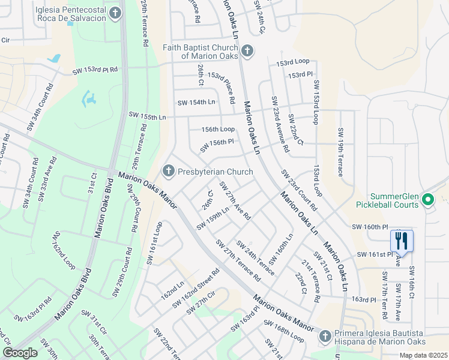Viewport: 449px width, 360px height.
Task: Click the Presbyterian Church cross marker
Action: click(x=169, y=172)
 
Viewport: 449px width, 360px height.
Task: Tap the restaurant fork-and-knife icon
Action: click(x=402, y=241)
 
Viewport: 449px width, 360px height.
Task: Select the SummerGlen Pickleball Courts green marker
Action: click(x=428, y=199)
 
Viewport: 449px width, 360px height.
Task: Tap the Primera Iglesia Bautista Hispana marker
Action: click(x=325, y=336)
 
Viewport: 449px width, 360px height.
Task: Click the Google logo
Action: click(x=20, y=353)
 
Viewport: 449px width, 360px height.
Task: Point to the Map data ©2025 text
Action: click(x=423, y=355)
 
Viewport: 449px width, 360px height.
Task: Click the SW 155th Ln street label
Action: click(x=147, y=116)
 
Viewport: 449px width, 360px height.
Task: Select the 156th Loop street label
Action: click(x=218, y=129)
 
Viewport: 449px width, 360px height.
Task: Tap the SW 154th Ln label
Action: click(x=196, y=103)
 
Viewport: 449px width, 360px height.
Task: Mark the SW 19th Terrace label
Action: click(x=341, y=152)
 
